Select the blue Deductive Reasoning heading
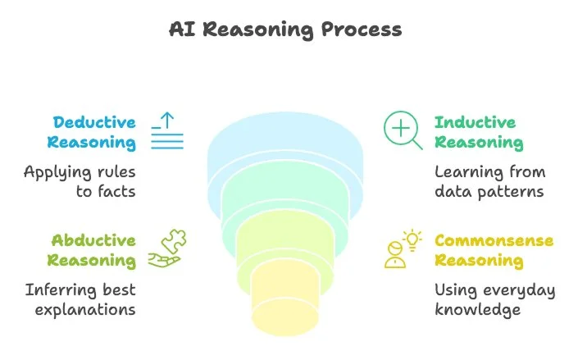tap(91, 132)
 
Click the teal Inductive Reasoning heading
tap(478, 132)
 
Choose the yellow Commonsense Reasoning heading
tap(494, 250)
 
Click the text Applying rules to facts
tap(79, 181)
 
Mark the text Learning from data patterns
tap(489, 181)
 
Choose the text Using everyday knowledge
tap(494, 299)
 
